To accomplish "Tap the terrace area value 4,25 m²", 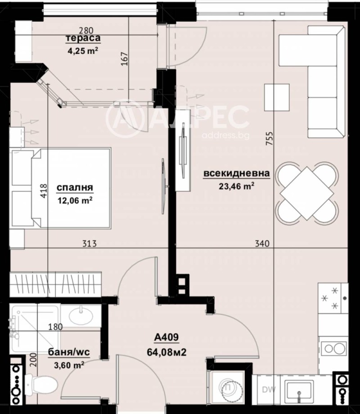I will pyautogui.click(x=83, y=50).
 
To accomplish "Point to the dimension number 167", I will pyautogui.click(x=125, y=59).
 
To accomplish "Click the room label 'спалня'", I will pyautogui.click(x=75, y=188).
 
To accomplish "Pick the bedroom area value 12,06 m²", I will pyautogui.click(x=75, y=200).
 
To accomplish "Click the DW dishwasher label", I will pyautogui.click(x=269, y=390).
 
